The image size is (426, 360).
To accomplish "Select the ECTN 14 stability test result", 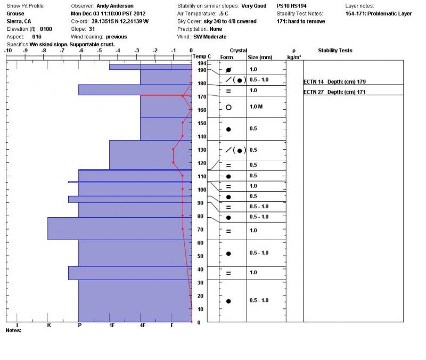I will click(334, 81).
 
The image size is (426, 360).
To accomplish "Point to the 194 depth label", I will click(201, 63).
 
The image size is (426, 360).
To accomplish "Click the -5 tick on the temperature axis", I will click(100, 51).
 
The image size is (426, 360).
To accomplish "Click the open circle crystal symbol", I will click(228, 107).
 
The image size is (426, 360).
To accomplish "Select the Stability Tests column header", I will click(335, 51).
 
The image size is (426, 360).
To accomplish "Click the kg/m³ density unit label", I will click(294, 56).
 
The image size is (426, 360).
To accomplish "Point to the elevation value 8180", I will click(46, 29).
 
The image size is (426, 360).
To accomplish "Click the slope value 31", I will click(92, 29).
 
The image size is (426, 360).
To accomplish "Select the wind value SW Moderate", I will click(210, 37).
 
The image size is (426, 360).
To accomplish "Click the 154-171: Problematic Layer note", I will click(378, 14).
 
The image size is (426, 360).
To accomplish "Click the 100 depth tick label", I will click(202, 190).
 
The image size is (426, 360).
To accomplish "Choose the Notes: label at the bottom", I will click(13, 331).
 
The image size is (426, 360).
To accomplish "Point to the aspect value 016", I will click(37, 37).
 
